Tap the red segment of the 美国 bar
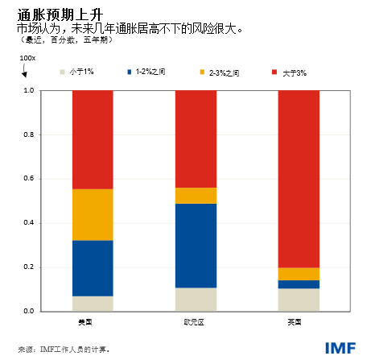[93, 139]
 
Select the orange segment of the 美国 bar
[93, 214]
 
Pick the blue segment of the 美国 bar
[93, 268]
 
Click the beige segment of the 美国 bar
[93, 304]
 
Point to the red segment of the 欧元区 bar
[196, 139]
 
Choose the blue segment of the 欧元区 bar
[196, 246]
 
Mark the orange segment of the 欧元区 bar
[196, 196]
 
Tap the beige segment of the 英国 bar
[299, 300]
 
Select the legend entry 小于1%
[80, 72]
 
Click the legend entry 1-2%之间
[148, 72]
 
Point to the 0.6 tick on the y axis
[30, 179]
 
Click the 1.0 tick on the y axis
[30, 90]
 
